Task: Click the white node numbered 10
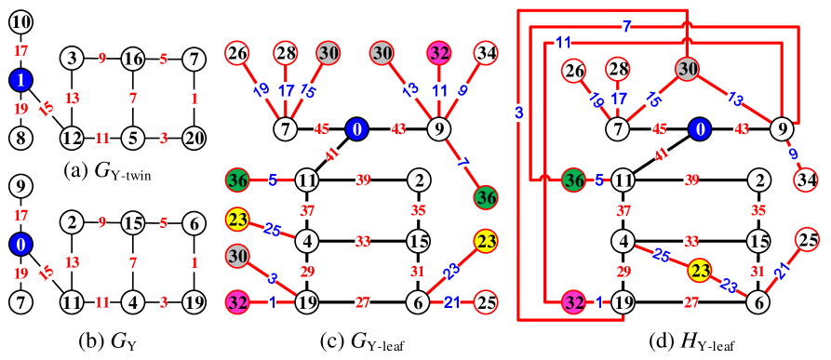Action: [x=20, y=22]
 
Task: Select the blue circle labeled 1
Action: [x=20, y=80]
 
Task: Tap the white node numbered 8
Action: [x=20, y=139]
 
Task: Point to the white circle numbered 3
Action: [x=72, y=59]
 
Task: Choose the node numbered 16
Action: [x=133, y=60]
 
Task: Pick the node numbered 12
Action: [x=72, y=139]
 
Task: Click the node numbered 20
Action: [x=194, y=139]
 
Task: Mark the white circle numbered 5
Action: [x=133, y=139]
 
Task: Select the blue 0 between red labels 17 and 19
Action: [x=20, y=245]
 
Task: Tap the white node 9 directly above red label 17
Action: [x=20, y=186]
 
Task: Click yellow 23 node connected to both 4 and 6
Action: [x=700, y=271]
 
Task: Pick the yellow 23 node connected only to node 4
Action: [x=237, y=220]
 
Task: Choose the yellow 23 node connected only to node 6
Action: [x=485, y=242]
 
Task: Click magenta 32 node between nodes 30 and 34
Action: [x=439, y=53]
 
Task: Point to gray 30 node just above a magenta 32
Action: [x=237, y=255]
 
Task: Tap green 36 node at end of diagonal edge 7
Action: [x=485, y=197]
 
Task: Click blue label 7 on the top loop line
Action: [x=626, y=27]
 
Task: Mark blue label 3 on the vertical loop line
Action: [x=518, y=113]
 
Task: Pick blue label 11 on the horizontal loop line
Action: [x=563, y=43]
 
